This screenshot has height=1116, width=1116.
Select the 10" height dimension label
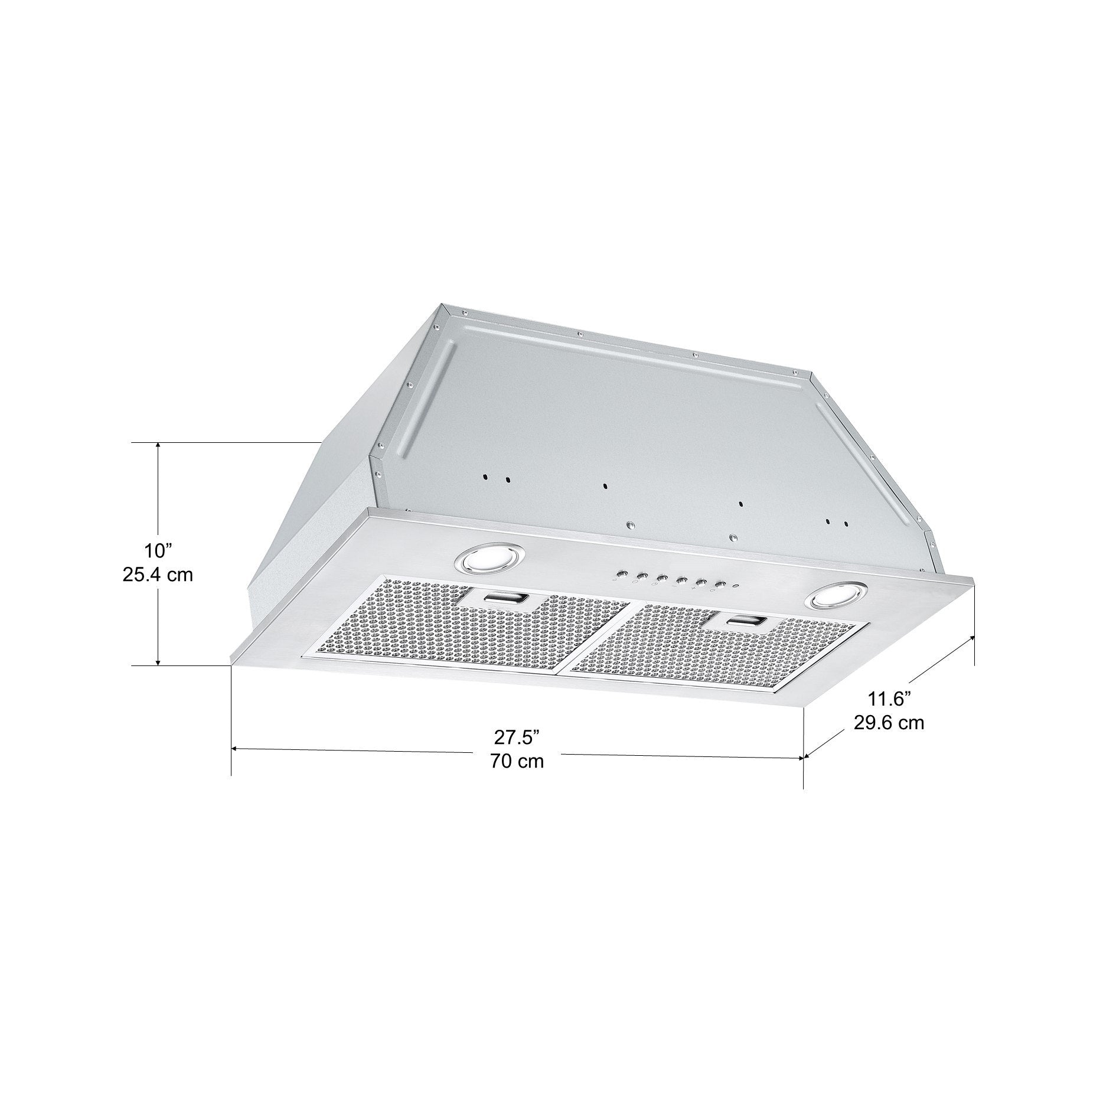click(158, 551)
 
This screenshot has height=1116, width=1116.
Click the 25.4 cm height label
click(158, 575)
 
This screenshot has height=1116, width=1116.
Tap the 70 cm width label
click(517, 761)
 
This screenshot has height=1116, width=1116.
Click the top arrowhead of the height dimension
click(158, 446)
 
